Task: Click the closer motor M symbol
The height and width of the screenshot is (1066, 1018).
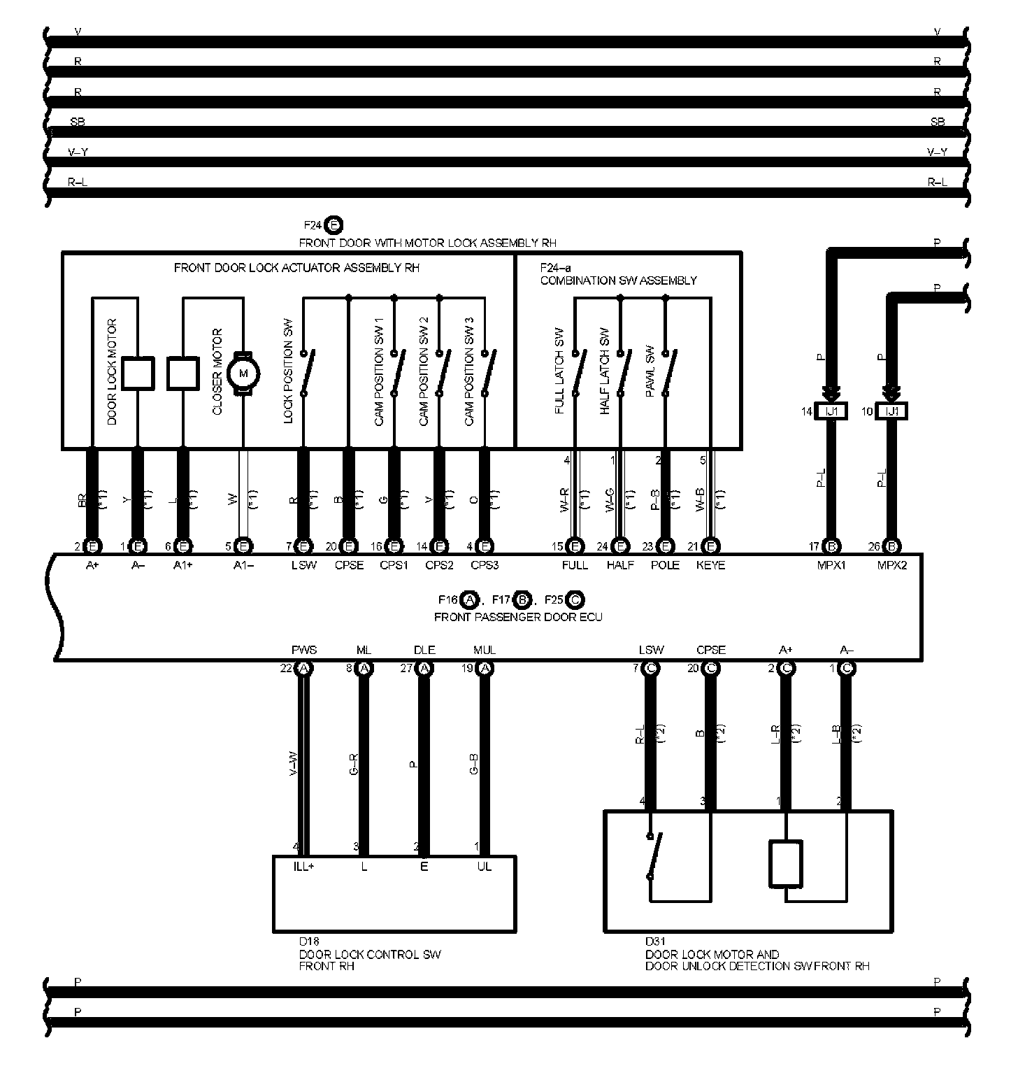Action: pos(244,373)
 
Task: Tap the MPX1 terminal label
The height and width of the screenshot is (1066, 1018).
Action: pos(831,565)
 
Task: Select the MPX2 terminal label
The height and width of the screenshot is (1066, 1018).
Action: pos(891,565)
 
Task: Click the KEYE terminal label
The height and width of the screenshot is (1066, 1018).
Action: pos(711,565)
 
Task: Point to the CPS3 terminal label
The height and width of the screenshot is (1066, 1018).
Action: pos(485,565)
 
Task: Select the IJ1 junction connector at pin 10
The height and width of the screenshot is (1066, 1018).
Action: pos(892,411)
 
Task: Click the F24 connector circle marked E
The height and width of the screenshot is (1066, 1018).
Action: pos(334,225)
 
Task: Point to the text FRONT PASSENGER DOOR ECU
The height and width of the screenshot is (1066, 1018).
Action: pos(518,617)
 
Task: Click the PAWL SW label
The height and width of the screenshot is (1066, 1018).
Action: pos(650,372)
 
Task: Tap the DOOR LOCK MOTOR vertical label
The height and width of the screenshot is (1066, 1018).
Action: pos(112,372)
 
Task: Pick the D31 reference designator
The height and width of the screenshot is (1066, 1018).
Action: pos(655,941)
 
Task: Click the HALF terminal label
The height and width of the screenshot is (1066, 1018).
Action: pos(620,565)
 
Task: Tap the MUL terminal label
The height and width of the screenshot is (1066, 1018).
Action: pos(485,650)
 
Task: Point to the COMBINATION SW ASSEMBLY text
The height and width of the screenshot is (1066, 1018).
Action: pos(618,280)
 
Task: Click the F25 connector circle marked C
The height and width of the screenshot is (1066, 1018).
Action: pos(575,599)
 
